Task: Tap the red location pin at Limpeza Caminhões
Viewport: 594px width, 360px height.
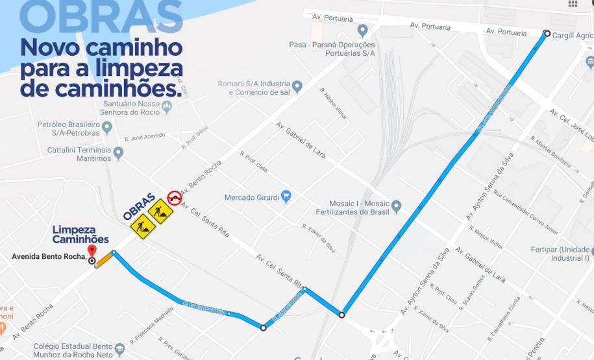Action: pos(92,251)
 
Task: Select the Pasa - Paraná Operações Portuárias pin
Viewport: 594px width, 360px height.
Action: pos(363,30)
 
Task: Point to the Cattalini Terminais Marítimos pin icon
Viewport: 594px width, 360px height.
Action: pos(118,154)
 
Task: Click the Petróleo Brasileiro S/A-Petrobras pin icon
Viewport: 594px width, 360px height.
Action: pos(107,127)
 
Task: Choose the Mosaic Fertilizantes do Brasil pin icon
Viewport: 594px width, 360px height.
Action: pos(396,207)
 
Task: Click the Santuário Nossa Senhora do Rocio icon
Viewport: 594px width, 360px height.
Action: pos(167,107)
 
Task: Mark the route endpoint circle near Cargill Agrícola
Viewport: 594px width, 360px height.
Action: pos(547,34)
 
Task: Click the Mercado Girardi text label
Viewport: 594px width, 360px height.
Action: pos(251,197)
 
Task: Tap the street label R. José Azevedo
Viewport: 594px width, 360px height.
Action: pos(143,139)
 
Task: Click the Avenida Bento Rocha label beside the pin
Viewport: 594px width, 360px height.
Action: pos(49,256)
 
